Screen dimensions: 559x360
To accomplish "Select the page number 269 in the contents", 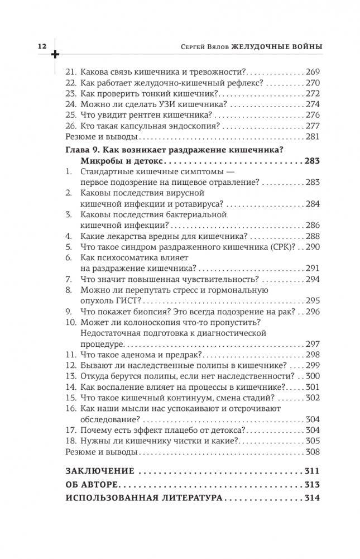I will tap(313, 73).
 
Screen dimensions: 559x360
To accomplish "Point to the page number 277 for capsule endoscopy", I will tap(313, 126).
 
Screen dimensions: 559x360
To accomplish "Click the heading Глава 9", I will tap(84, 151).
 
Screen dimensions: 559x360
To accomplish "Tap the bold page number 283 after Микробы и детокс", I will tap(312, 161).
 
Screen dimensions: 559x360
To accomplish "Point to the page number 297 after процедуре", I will tap(313, 343).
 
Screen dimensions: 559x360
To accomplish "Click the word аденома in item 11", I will tap(136, 355).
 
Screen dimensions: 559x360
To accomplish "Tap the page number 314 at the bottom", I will tap(312, 498).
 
